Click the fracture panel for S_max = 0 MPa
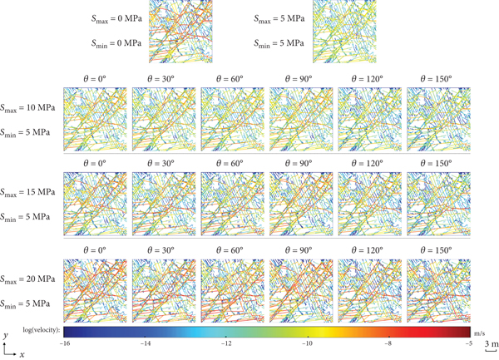177,32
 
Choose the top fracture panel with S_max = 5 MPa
343,32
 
